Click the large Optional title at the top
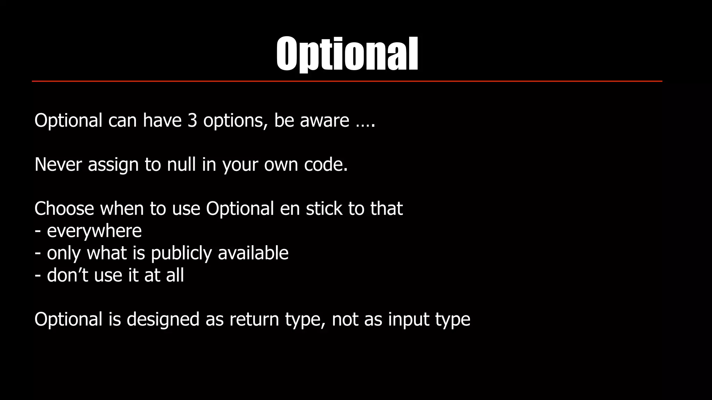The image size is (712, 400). pos(347,55)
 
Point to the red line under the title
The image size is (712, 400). pos(347,81)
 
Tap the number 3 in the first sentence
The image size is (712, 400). pos(192,120)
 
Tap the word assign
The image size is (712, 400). pos(113,165)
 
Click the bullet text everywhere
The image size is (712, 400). pos(94,231)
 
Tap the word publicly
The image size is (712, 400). pos(181,253)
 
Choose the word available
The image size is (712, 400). pos(253,253)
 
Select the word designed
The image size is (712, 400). pos(163,319)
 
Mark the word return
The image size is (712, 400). pos(254,319)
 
